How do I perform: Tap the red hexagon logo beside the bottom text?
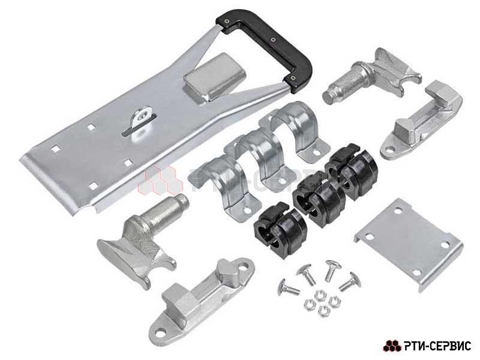click(392, 346)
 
